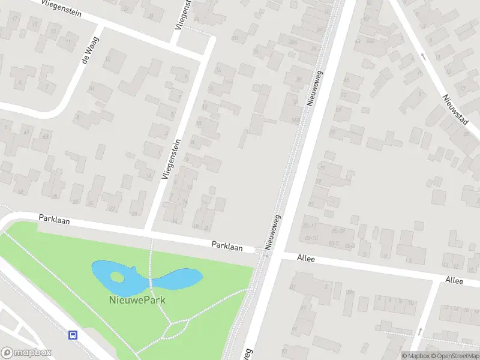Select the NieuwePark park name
(x=137, y=299)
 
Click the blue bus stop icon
(x=73, y=335)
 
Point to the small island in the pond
(x=117, y=277)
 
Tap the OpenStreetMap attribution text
(x=454, y=356)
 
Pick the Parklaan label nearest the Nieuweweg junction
(x=226, y=245)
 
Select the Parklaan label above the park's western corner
(x=54, y=220)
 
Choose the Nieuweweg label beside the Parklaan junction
(x=274, y=232)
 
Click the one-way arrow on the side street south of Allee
(x=419, y=331)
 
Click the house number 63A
(x=370, y=41)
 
